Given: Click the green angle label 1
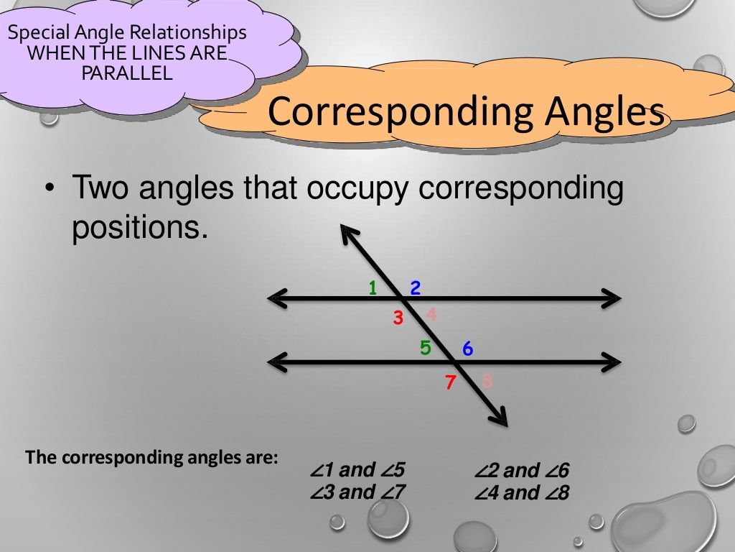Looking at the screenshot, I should pos(373,288).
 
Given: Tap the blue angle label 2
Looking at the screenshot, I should pos(415,288).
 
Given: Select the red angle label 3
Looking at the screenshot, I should pos(398,318).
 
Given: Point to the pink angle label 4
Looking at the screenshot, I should pos(431,314).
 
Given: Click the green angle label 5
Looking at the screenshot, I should pos(426,349).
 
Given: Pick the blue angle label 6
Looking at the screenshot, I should pos(467,349).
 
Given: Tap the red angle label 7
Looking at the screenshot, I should pos(450,382).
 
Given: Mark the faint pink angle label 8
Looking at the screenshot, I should pos(487,381).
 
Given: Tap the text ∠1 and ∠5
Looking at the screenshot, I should pos(357,471).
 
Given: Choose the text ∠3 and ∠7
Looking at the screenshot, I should pos(357,493).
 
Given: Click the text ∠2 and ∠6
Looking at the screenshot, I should pos(521,471).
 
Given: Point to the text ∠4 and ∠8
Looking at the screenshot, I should pos(521,494).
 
